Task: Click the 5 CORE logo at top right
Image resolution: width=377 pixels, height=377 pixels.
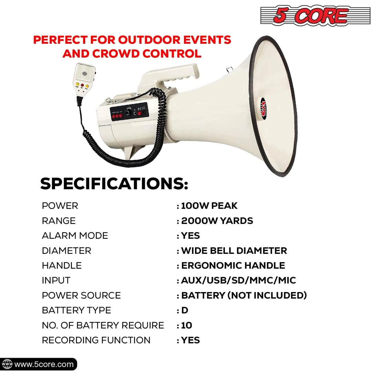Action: coord(315,16)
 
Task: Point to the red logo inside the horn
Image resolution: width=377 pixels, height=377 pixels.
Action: coord(263,107)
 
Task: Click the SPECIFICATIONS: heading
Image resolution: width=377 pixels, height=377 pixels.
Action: coord(114,184)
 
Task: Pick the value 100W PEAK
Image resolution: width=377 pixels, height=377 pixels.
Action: coord(209,206)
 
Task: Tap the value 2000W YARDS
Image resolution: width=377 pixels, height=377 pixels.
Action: coord(217,221)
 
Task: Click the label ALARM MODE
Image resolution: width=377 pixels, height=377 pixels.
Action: coord(75,236)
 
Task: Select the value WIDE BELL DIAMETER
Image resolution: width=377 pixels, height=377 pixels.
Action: coord(234,251)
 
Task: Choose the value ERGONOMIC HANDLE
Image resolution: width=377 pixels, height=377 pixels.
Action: coord(233,266)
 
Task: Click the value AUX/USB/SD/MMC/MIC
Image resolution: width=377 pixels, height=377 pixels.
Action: coord(238,280)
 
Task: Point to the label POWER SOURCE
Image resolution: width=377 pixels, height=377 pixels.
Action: coord(81,295)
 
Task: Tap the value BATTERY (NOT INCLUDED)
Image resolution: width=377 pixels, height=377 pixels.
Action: coord(244,295)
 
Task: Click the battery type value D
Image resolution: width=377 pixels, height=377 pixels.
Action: coord(185,310)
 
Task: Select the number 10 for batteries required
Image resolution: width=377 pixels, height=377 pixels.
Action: coord(186,325)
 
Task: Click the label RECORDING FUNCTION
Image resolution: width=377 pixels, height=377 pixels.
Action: coord(96,340)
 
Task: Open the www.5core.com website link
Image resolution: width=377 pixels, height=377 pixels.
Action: coord(44,364)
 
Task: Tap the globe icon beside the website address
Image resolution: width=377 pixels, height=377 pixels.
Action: coord(7,364)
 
